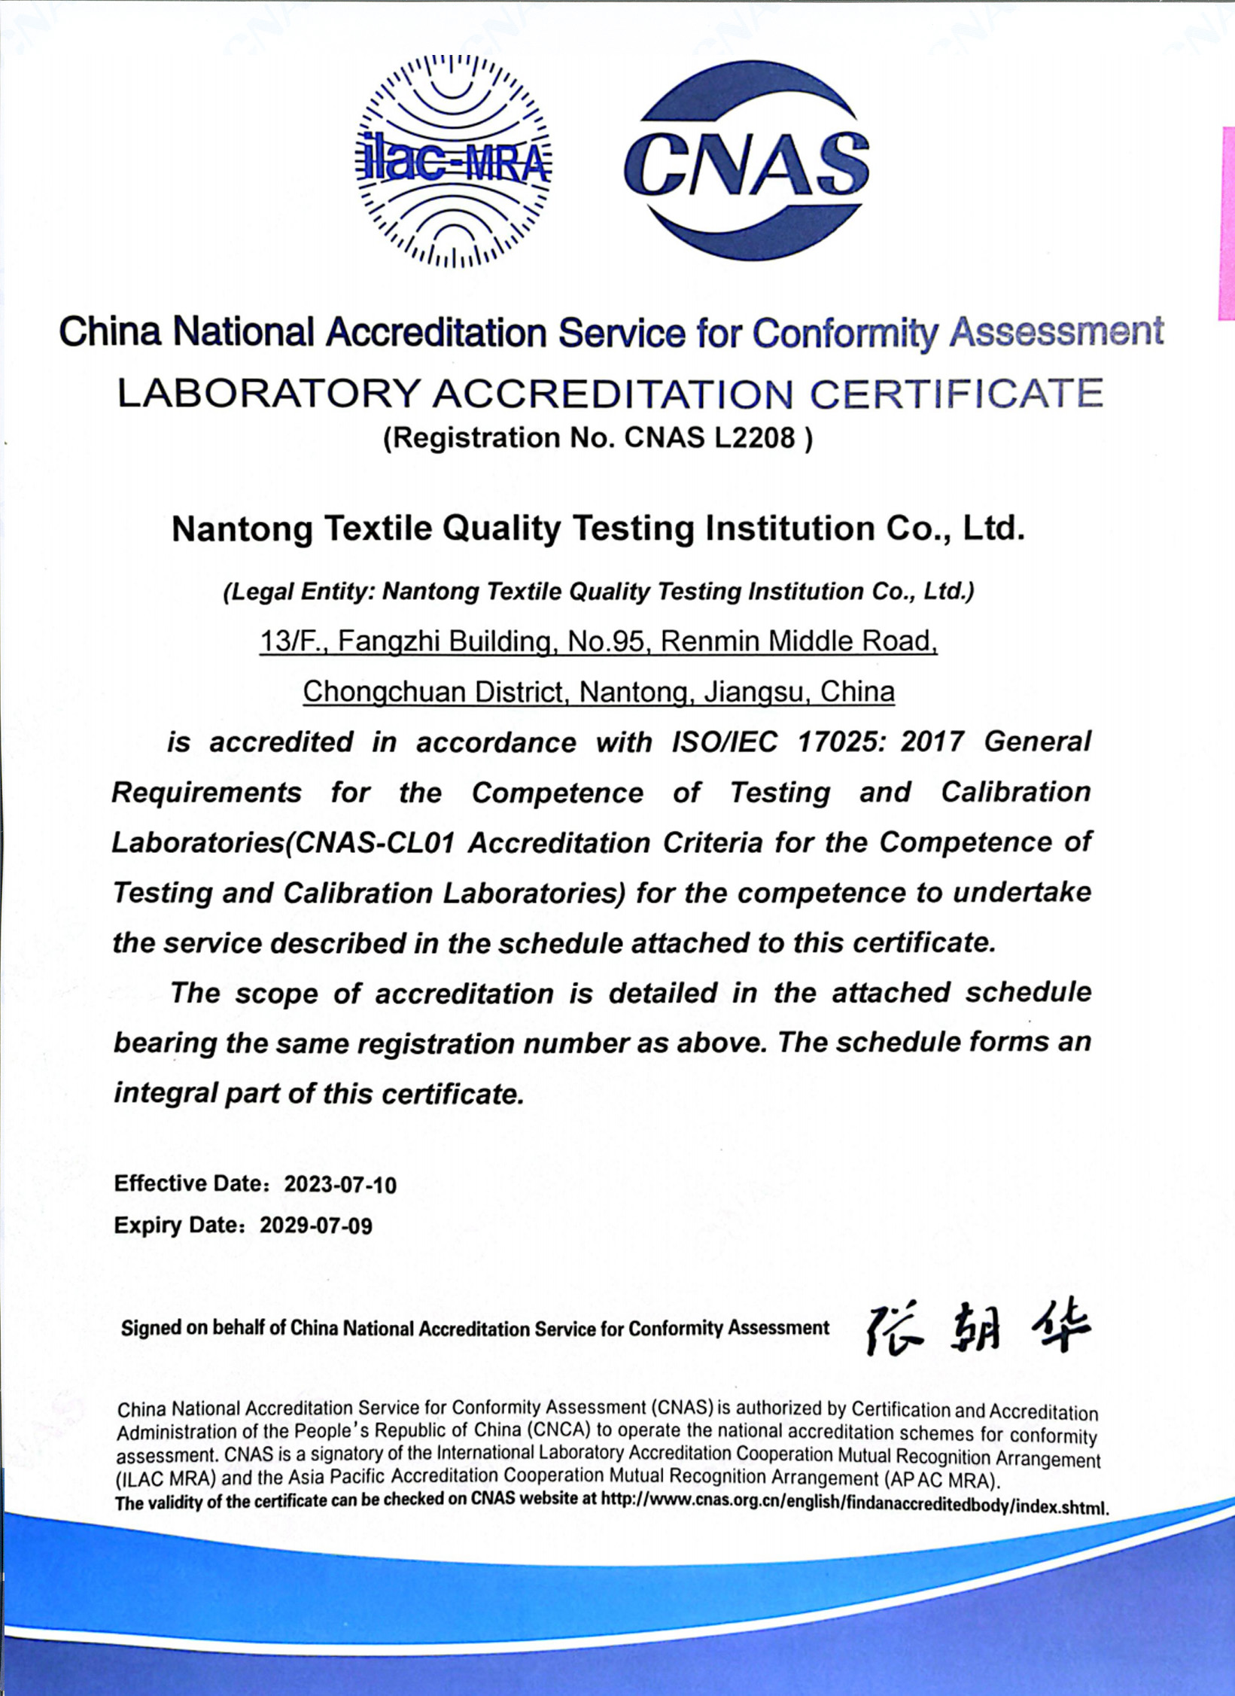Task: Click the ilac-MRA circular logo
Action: pos(453,162)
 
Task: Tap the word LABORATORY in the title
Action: pos(268,394)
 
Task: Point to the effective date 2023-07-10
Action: pos(340,1185)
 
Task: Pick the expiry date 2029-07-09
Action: pos(316,1226)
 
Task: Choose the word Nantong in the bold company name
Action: pos(242,529)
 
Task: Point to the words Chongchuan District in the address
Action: pos(433,691)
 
